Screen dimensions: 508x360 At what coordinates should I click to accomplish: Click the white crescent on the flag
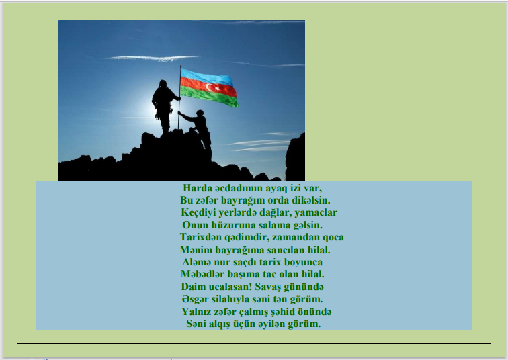coord(210,87)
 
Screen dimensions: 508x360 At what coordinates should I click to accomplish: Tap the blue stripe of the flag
coord(206,77)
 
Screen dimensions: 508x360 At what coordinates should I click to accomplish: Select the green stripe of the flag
coord(209,97)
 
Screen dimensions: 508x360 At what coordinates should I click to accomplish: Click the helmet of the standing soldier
coord(163,83)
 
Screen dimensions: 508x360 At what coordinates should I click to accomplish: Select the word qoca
coord(333,237)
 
